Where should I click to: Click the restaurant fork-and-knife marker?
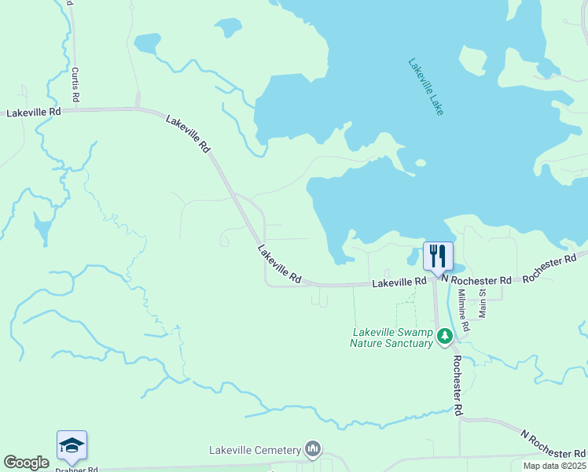point(438,256)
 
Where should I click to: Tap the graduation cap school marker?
point(72,446)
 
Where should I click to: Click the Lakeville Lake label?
point(426,87)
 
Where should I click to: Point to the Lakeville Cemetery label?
point(255,450)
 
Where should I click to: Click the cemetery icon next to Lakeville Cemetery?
point(313,449)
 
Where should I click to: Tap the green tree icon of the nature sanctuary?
point(445,337)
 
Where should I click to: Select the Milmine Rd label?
point(464,309)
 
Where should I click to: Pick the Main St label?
point(483,303)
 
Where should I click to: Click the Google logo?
point(26,463)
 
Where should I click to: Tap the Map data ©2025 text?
point(554,466)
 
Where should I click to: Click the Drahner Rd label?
point(76,469)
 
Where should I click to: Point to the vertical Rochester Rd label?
point(457,384)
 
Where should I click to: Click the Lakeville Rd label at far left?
point(33,112)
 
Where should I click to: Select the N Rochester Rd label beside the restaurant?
point(476,279)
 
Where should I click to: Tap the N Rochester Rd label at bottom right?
point(553,444)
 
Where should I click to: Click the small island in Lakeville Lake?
point(421,164)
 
